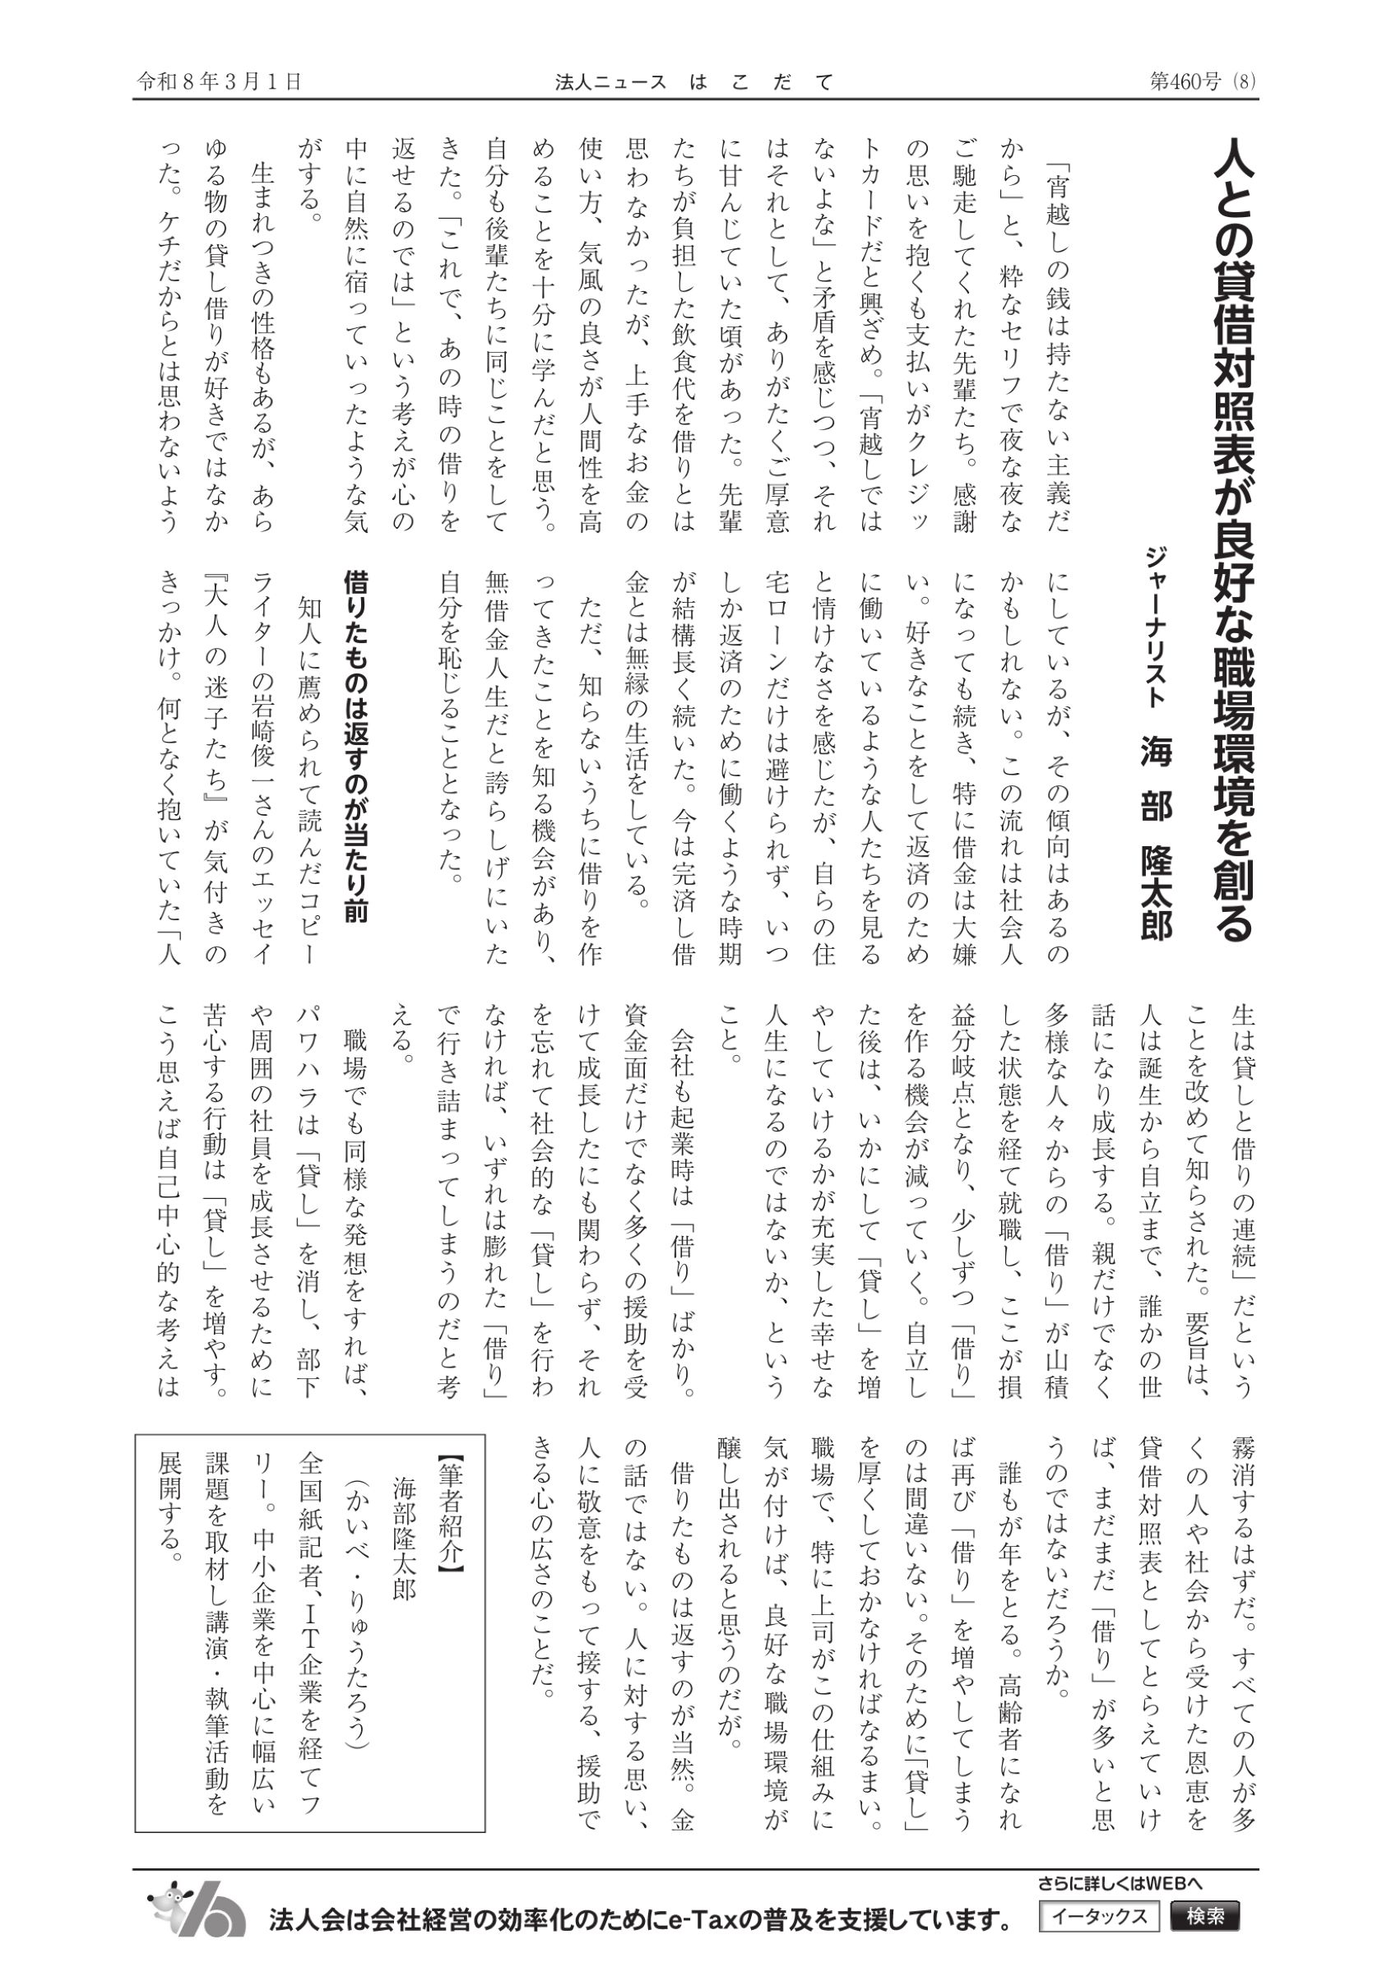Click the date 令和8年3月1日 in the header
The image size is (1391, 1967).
220,81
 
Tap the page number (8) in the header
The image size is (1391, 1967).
1244,81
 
